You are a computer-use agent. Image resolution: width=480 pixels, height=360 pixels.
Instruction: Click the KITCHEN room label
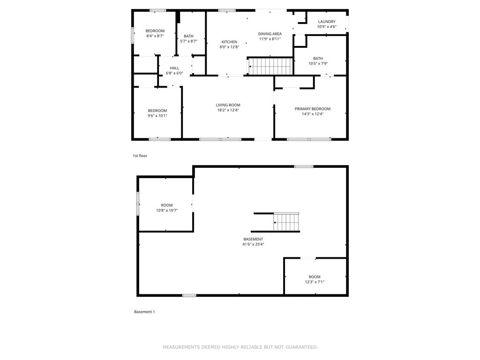229,42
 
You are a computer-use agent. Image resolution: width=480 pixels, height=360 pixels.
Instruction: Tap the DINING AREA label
270,34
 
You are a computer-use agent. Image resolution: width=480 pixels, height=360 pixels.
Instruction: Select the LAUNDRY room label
327,22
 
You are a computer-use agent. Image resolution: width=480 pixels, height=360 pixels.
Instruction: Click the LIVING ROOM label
228,105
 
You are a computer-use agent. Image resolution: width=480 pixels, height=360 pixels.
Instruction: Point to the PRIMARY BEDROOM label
312,109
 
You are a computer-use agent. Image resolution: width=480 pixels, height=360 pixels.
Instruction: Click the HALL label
174,68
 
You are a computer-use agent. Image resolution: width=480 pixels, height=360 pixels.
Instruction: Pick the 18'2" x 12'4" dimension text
228,110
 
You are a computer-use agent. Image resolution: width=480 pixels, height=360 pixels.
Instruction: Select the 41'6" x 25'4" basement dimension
253,244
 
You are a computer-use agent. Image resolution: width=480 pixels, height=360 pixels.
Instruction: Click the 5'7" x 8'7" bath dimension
188,41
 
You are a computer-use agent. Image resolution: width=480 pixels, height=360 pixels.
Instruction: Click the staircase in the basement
286,222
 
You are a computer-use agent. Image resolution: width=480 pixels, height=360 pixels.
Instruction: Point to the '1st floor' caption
140,156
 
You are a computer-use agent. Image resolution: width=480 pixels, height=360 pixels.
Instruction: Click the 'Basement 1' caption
144,312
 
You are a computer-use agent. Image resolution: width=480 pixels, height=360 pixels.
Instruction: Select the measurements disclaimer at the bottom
240,347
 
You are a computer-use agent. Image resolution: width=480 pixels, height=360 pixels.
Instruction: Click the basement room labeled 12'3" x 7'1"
315,279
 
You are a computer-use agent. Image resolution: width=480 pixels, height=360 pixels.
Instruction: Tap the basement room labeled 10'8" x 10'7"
166,208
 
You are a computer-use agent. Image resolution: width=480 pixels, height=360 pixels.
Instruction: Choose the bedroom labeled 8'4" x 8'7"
155,33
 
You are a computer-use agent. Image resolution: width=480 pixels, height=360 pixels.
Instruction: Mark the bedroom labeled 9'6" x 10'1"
157,113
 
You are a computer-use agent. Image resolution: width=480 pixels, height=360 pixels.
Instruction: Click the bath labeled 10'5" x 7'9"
318,61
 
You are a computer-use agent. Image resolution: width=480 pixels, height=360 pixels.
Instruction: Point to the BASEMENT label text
253,239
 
